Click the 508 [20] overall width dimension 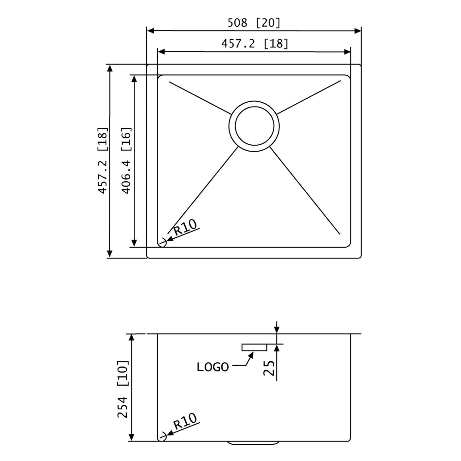(x=254, y=23)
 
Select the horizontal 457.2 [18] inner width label (x=255, y=43)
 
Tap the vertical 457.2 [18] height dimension (x=103, y=160)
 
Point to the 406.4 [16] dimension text (x=126, y=160)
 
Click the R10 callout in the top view (x=185, y=227)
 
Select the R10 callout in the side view (x=185, y=421)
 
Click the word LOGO (x=213, y=367)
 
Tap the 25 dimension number (x=269, y=368)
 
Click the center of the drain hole (x=254, y=126)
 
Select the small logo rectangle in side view (x=254, y=347)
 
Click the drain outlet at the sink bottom (x=253, y=442)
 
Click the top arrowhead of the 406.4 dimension (x=134, y=79)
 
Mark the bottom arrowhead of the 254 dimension (x=131, y=437)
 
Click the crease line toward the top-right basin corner (x=309, y=97)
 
